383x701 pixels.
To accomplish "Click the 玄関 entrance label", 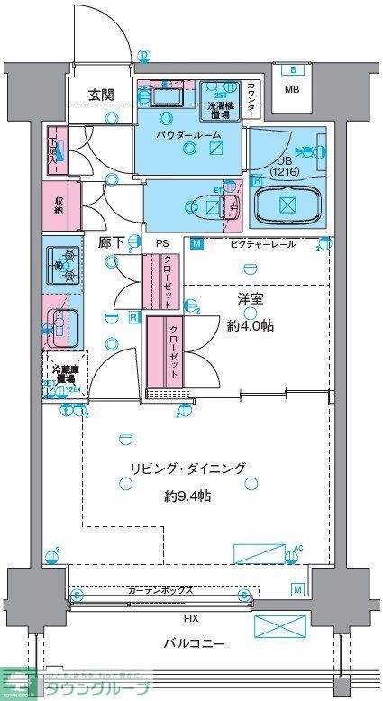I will point(100,95).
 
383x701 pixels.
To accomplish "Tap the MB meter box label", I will point(291,89).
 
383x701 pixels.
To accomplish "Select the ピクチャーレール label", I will point(262,244).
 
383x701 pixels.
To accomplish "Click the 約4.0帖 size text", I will point(251,325).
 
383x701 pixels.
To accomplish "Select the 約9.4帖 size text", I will point(187,496).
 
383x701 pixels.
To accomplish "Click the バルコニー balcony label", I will point(194,643).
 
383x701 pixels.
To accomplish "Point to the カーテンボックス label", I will point(160,590).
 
